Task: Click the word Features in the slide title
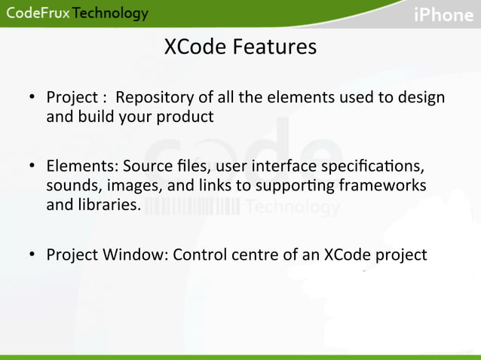coord(274,47)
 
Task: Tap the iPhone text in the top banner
coord(443,15)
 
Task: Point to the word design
coord(422,98)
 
